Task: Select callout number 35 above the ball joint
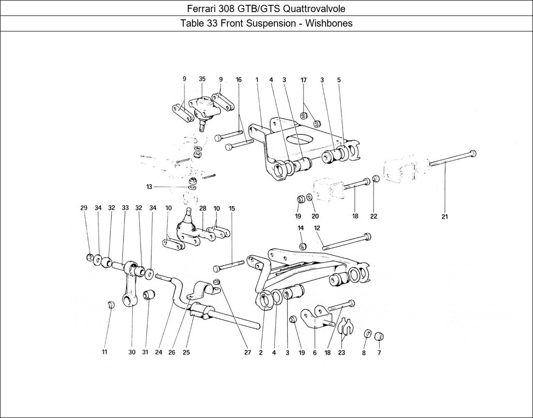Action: point(202,79)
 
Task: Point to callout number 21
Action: point(444,217)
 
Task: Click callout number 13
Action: point(149,186)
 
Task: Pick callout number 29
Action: point(84,208)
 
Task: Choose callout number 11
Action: point(104,353)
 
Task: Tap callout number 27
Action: point(247,353)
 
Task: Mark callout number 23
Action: point(341,353)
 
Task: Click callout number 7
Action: point(379,353)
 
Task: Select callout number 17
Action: point(303,80)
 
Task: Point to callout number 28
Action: point(203,209)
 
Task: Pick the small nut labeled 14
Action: point(301,246)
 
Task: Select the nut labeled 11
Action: point(110,304)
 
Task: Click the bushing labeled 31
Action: point(149,294)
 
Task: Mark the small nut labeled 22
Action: point(376,179)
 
